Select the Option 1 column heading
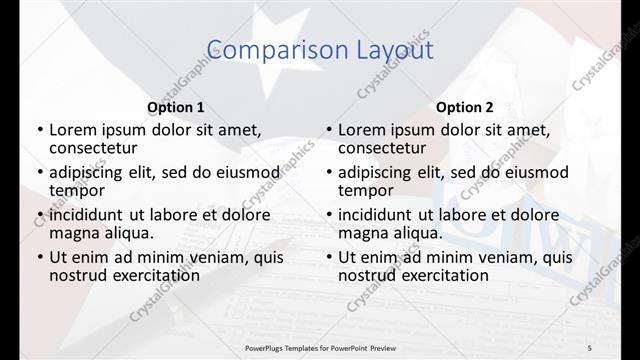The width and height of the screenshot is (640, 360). click(x=176, y=107)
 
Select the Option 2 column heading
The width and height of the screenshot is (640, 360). click(x=465, y=107)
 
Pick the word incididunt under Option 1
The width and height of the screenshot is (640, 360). click(x=86, y=215)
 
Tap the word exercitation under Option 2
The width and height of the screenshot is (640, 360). click(x=442, y=275)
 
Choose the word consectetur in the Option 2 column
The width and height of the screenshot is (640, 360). click(x=385, y=148)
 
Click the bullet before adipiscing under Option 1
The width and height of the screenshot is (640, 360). click(x=40, y=172)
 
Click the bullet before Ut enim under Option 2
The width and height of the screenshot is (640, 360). click(x=329, y=257)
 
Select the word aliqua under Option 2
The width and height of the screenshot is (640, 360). click(x=419, y=233)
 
